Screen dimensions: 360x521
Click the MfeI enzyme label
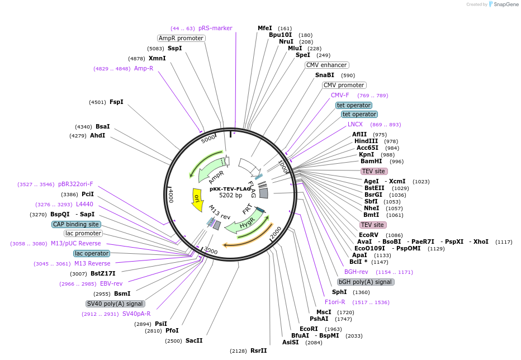pyautogui.click(x=264, y=28)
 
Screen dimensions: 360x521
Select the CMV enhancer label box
pyautogui.click(x=327, y=65)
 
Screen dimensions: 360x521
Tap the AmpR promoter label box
pyautogui.click(x=181, y=38)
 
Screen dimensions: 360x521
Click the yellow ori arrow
pyautogui.click(x=197, y=200)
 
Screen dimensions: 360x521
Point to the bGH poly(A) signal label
pyautogui.click(x=366, y=282)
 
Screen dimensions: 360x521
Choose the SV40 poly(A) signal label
pyautogui.click(x=115, y=304)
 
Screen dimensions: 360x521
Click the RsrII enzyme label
pyautogui.click(x=258, y=350)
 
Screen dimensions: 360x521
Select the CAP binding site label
pyautogui.click(x=76, y=224)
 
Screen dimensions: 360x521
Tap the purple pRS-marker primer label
pyautogui.click(x=215, y=28)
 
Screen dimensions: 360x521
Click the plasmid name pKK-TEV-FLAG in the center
pyautogui.click(x=230, y=189)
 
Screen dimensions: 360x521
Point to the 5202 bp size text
pyautogui.click(x=230, y=196)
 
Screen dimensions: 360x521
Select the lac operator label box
pyautogui.click(x=92, y=253)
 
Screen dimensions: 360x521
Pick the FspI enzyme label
pyautogui.click(x=116, y=102)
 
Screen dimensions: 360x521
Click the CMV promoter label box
pyautogui.click(x=344, y=86)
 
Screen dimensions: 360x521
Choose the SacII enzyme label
pyautogui.click(x=194, y=340)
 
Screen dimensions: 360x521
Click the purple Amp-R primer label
pyautogui.click(x=144, y=68)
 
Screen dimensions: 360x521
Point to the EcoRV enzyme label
pyautogui.click(x=368, y=235)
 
